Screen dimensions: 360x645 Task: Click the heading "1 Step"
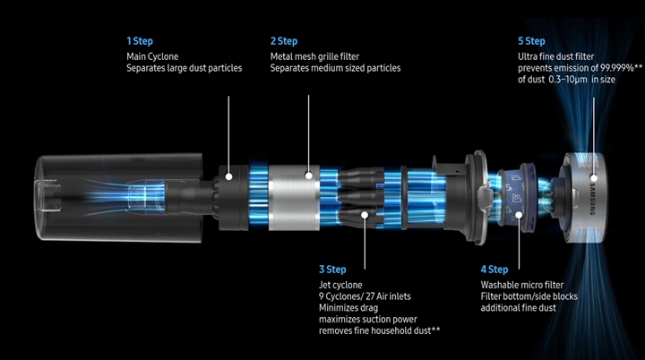140,41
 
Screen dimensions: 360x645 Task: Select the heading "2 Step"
284,41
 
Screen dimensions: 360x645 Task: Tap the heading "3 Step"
333,269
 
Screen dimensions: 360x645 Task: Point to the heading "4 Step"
494,269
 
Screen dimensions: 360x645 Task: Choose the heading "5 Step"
531,41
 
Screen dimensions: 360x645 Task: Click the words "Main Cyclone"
153,56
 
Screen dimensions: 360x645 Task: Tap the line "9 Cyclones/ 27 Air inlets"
366,296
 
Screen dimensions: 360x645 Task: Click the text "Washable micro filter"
521,285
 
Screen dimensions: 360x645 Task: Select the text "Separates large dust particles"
184,68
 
